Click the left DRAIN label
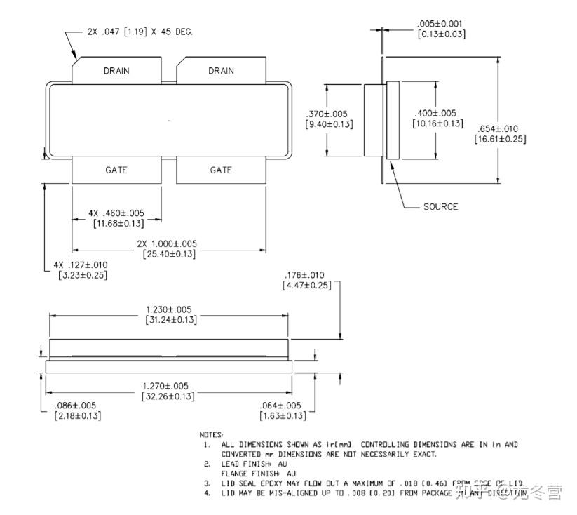116,71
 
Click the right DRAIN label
221,71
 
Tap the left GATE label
116,170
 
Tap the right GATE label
221,170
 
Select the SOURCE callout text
440,206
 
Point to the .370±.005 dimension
328,114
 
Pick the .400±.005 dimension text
437,113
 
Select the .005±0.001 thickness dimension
441,24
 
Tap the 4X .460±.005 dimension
116,213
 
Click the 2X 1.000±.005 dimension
168,243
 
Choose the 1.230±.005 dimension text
169,309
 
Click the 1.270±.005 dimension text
169,386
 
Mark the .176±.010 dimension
306,274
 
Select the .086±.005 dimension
76,406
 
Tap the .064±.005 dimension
280,406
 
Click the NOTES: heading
212,435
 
